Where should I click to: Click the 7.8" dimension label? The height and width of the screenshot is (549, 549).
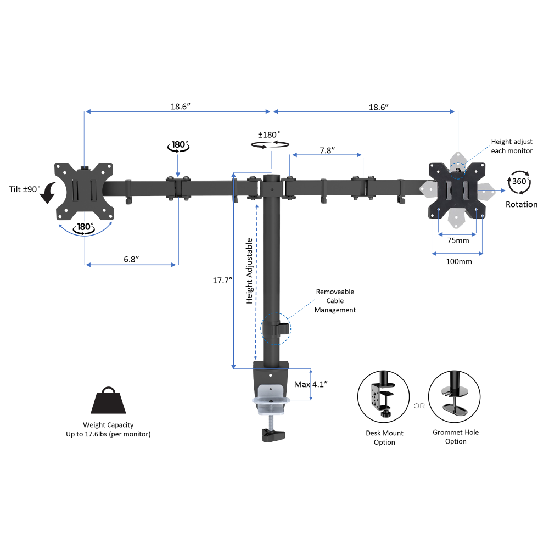pos(327,150)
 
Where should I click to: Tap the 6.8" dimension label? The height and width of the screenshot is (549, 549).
pos(131,259)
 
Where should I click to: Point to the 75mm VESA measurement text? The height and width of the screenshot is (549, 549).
pos(458,240)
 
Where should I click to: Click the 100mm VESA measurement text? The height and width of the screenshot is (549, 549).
pos(458,261)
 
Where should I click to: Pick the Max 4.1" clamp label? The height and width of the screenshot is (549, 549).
pos(311,384)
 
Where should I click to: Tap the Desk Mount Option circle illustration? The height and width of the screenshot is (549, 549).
pos(383,397)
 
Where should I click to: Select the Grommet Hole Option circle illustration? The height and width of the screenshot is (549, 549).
pos(454,397)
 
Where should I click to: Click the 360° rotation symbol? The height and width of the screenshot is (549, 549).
pos(519,182)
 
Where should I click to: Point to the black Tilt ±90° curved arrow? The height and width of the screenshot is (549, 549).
pos(48,193)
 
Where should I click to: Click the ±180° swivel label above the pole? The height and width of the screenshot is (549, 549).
pos(269,135)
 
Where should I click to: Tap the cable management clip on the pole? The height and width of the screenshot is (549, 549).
pos(280,329)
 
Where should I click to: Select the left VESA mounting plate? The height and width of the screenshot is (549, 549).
pos(84,191)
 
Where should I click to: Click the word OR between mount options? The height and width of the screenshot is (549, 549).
pos(419,406)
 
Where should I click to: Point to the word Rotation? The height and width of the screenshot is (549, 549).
pos(522,204)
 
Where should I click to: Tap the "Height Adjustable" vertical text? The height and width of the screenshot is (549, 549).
pos(249,271)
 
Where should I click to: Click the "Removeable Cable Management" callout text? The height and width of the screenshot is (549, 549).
pos(335,301)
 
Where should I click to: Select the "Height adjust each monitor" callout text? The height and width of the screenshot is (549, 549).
pos(512,146)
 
